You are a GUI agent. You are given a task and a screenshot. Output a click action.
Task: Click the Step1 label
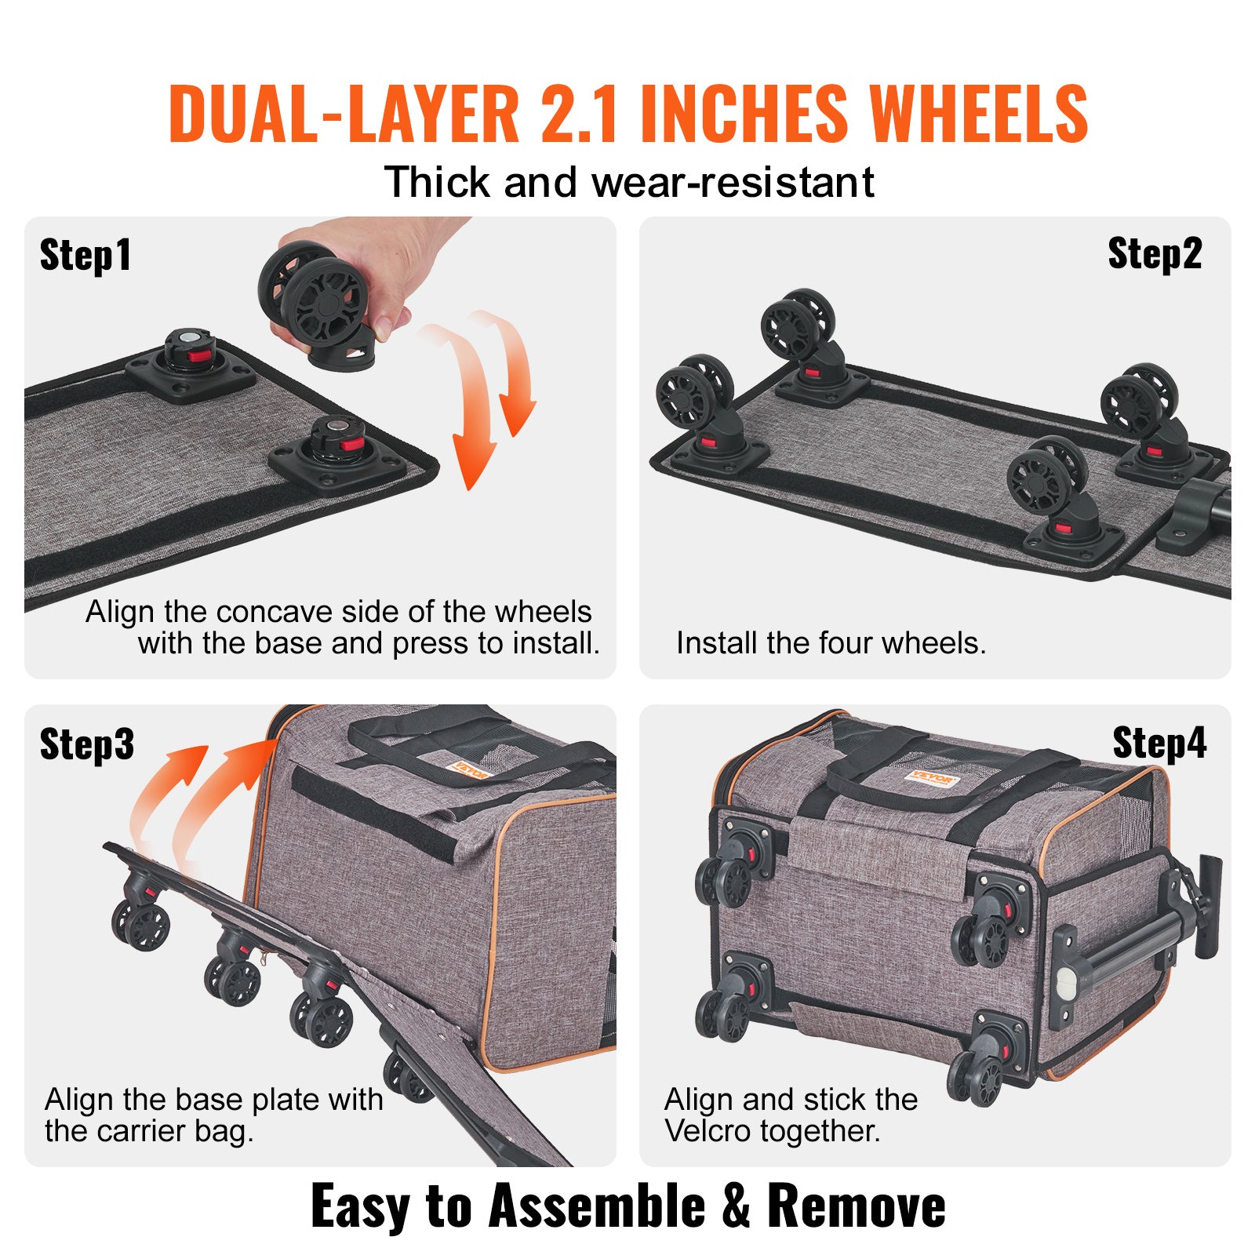tap(85, 256)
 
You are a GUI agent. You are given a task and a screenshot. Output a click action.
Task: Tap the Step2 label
tap(1154, 254)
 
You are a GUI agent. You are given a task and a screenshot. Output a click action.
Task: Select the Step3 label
tap(86, 744)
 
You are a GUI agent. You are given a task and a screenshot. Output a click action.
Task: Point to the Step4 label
tap(1159, 744)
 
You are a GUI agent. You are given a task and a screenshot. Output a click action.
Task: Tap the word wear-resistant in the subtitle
tap(733, 183)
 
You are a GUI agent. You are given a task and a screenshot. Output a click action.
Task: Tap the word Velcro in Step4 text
tap(707, 1130)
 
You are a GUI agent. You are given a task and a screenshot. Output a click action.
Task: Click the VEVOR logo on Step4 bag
tap(931, 778)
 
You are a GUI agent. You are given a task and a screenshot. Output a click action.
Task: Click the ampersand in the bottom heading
tap(736, 1206)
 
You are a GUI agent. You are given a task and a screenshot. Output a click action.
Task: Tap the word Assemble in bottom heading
tap(596, 1206)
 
